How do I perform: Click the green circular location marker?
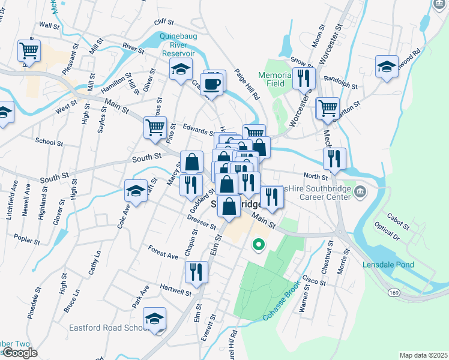pyautogui.click(x=259, y=244)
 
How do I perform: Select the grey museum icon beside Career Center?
pyautogui.click(x=361, y=192)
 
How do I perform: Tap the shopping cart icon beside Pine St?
pyautogui.click(x=155, y=127)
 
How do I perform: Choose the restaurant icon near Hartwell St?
pyautogui.click(x=196, y=272)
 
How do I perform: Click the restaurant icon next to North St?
pyautogui.click(x=334, y=158)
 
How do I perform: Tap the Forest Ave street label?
pyautogui.click(x=163, y=253)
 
